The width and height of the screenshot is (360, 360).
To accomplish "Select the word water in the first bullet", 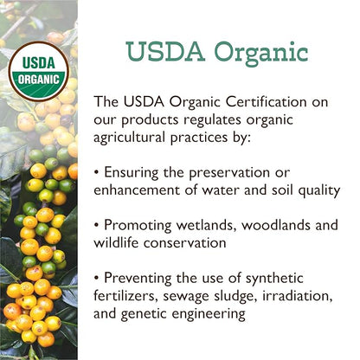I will [x=225, y=190].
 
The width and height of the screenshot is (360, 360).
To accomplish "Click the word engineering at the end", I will [x=229, y=317].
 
